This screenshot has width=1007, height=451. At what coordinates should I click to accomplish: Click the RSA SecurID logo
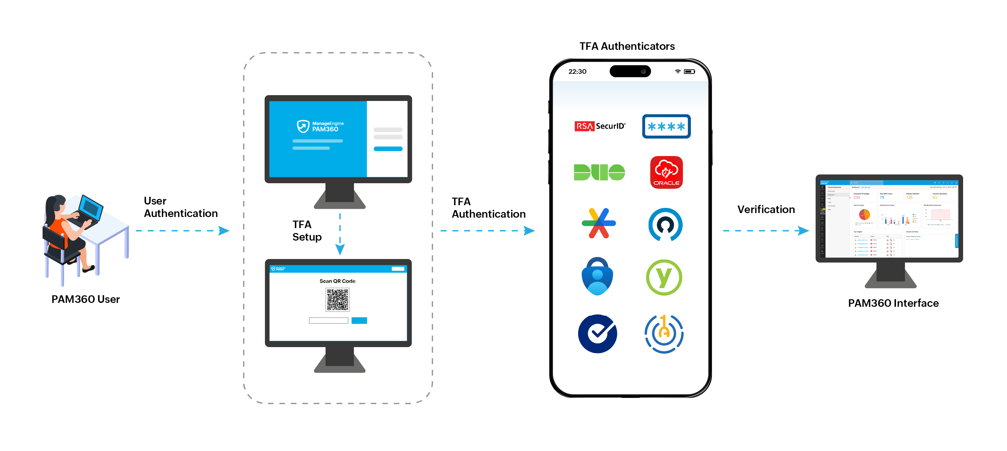pos(600,126)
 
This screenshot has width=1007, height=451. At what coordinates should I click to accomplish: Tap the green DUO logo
pos(599,172)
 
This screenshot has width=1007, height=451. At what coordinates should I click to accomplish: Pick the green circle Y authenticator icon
pos(664,277)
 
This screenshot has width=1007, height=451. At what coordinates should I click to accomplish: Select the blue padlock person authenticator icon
pos(597,277)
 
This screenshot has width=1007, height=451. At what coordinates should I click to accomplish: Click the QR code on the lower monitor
pos(337,300)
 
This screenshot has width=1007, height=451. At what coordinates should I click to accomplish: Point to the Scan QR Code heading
pos(337,281)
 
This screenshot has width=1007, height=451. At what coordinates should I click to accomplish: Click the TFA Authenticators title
pos(627,46)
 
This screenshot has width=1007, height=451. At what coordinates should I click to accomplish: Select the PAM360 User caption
pos(85,299)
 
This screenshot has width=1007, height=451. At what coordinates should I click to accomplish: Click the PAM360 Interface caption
pos(893,303)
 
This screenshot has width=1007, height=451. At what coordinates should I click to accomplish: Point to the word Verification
pos(766,209)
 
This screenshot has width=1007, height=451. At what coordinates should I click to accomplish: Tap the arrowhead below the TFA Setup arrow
pos(340,249)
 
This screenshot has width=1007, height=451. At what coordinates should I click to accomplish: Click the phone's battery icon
pos(689,71)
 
